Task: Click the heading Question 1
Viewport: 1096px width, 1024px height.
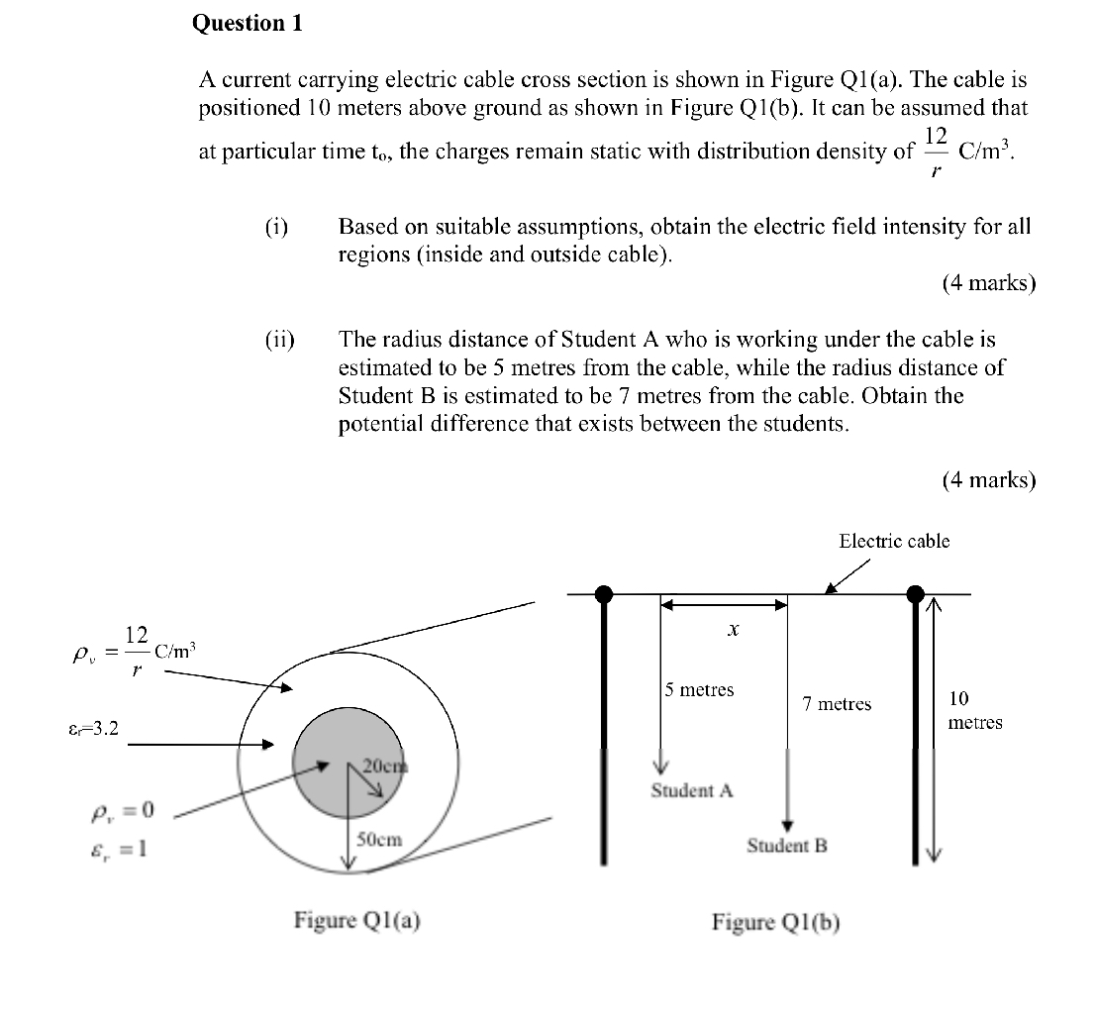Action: pos(247,24)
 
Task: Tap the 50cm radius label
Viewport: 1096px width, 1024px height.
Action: pos(379,839)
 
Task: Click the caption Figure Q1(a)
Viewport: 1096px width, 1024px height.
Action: pos(356,920)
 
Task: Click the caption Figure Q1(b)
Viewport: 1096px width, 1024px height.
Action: pos(775,922)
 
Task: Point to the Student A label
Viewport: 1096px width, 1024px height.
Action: pos(691,790)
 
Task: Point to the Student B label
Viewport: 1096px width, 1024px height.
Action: pos(786,846)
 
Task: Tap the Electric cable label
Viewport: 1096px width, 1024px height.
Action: pos(893,541)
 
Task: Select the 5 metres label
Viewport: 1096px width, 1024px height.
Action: pos(699,689)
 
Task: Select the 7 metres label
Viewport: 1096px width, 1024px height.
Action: pos(837,704)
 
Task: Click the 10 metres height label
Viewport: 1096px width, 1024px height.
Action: pos(974,710)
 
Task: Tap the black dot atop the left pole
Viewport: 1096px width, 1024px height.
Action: pos(603,594)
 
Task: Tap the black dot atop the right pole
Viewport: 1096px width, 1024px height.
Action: pos(917,594)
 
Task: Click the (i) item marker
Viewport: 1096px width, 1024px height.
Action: pos(276,226)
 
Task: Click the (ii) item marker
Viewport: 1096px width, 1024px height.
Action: pos(279,340)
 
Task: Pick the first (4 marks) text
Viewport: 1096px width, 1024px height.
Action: pos(988,283)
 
